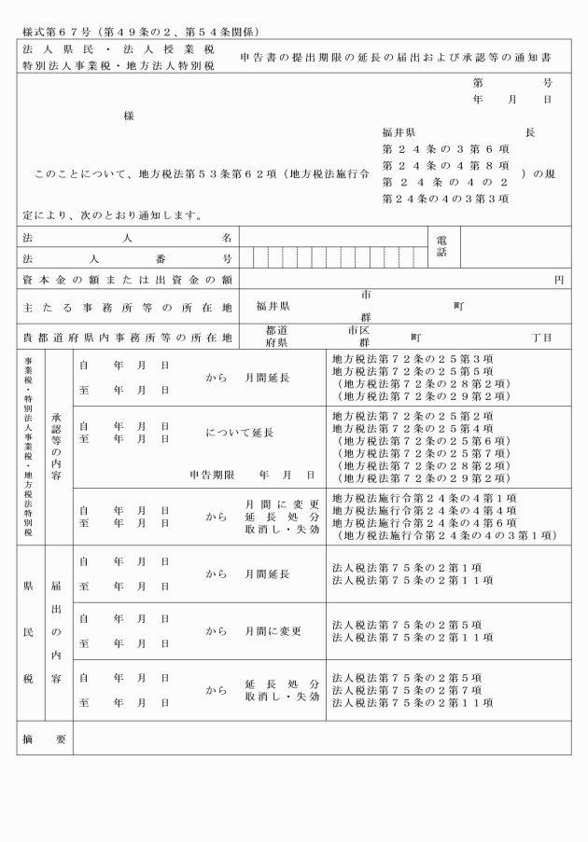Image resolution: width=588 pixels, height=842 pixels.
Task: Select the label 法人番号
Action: [127, 257]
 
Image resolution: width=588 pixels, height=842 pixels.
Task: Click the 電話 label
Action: [441, 247]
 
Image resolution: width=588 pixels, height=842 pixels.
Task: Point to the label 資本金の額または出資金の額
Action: [127, 280]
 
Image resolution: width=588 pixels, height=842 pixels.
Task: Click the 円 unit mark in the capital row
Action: [559, 280]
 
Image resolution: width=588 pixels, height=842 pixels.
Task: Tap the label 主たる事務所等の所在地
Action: [127, 306]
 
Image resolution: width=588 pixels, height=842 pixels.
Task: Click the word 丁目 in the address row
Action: [541, 337]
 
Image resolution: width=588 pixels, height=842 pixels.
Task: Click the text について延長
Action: [239, 433]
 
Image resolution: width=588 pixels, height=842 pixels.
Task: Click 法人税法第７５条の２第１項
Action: [407, 566]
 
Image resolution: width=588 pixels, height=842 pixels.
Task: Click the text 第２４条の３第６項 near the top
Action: [445, 148]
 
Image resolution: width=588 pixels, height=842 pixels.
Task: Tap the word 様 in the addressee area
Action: [128, 116]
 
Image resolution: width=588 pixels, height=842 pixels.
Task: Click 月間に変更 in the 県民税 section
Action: [273, 631]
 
